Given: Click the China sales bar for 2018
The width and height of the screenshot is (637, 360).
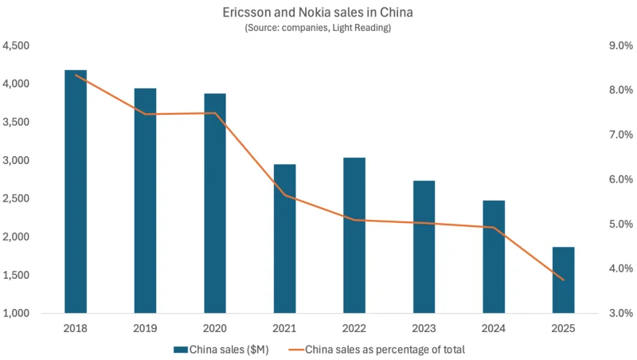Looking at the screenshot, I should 76,191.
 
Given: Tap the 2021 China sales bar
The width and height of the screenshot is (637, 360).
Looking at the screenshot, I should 285,238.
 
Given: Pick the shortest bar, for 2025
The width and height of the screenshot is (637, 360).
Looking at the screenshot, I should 564,280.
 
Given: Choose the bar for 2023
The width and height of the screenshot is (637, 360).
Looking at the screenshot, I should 424,247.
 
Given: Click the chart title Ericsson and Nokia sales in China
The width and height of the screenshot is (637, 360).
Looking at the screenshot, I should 318,14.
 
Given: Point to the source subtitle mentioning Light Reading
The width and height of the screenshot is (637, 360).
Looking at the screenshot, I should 318,29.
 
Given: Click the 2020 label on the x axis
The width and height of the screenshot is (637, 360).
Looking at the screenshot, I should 215,327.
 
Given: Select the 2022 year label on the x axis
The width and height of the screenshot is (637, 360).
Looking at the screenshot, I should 354,327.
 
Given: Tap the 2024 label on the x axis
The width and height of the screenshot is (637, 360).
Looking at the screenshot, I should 494,327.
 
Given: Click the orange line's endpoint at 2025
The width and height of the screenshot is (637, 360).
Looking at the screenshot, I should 564,280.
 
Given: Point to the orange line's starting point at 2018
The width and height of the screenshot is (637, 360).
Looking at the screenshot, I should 76,75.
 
